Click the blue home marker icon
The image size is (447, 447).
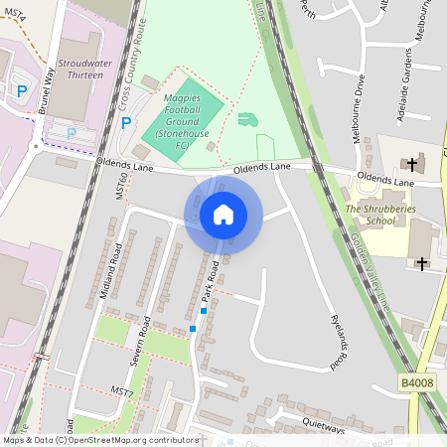click(223, 215)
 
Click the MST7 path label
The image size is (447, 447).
click(122, 391)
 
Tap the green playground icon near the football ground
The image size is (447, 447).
click(246, 119)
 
